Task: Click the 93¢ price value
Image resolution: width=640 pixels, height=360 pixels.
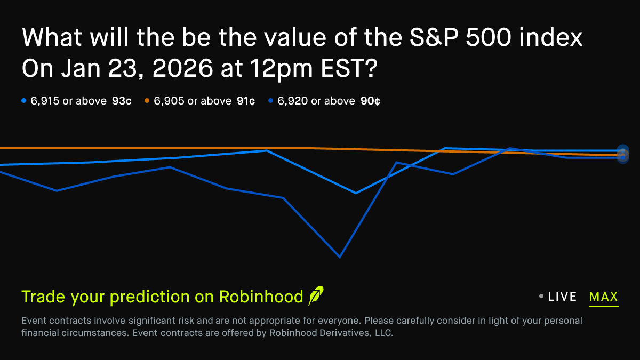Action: coord(122,101)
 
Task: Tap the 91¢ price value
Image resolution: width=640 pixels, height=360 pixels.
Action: coord(246,101)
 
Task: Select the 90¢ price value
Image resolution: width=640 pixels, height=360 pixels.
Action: coord(370,101)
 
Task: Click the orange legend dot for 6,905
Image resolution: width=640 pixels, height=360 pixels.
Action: coord(147,101)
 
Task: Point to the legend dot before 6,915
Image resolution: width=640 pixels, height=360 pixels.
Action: coord(23,101)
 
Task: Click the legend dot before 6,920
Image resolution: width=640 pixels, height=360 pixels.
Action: coord(270,101)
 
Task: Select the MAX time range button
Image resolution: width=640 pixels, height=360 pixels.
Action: coord(604,297)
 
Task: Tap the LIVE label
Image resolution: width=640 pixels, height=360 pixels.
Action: coord(562,297)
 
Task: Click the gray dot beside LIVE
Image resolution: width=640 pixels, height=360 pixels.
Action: coord(541,297)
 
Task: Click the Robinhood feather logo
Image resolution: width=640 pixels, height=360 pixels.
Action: coord(316,295)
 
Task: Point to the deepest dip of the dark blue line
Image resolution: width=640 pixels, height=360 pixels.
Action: coord(340,257)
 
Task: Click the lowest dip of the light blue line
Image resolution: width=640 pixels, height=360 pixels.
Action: coord(356,193)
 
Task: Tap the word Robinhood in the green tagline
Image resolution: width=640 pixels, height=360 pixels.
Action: coord(261,297)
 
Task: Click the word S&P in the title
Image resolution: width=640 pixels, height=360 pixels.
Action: coord(434,37)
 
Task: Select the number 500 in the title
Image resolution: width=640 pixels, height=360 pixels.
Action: coord(489,37)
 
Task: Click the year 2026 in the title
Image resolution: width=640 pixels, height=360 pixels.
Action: coord(182,68)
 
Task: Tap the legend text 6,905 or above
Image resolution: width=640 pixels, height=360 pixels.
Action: coord(193,101)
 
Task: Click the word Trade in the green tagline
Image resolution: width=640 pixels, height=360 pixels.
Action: coord(43,297)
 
